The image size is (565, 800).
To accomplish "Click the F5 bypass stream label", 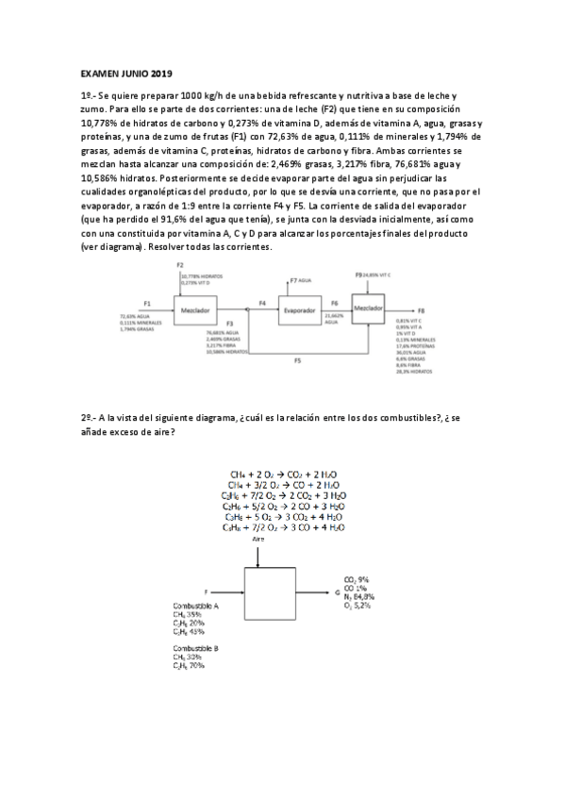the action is tap(298, 360).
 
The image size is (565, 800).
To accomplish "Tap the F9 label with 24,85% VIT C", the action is tap(358, 274).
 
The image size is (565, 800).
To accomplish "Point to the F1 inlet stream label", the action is tap(147, 303).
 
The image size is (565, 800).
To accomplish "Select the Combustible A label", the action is tap(195, 605).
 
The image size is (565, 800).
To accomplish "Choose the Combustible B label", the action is tap(195, 650).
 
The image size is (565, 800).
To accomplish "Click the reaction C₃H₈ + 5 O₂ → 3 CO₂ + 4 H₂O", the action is tap(283, 517).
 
